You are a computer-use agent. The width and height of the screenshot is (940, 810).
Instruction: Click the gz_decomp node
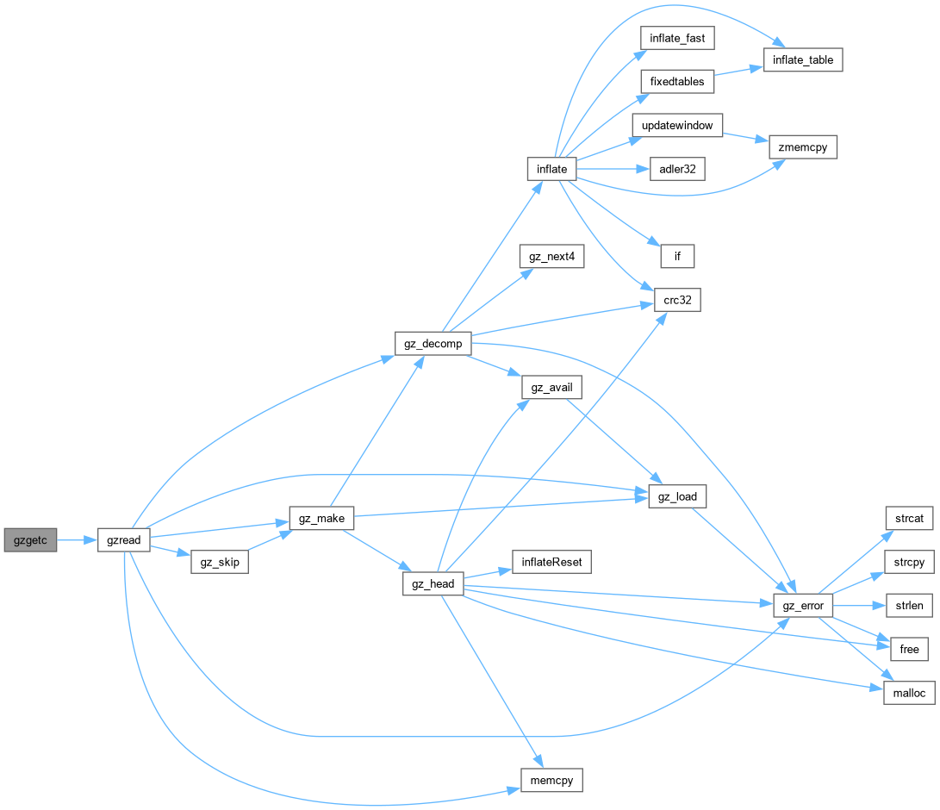point(433,343)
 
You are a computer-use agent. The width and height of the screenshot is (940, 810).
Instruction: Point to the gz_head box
point(433,584)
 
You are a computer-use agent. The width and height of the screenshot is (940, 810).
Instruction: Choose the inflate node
point(551,169)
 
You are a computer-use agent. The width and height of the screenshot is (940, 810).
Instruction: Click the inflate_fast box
point(677,38)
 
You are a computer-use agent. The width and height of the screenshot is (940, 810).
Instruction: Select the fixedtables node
point(677,82)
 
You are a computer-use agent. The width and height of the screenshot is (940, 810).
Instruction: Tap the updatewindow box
point(677,125)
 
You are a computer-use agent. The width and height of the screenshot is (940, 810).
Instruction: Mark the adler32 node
point(677,169)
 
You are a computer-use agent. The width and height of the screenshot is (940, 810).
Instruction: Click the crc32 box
point(677,300)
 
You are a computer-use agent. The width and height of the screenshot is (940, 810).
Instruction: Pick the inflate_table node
point(802,60)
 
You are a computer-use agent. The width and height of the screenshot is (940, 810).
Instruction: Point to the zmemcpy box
point(802,147)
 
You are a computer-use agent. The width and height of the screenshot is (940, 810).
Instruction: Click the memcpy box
point(551,781)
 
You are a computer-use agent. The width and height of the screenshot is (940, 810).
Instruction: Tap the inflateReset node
point(551,563)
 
